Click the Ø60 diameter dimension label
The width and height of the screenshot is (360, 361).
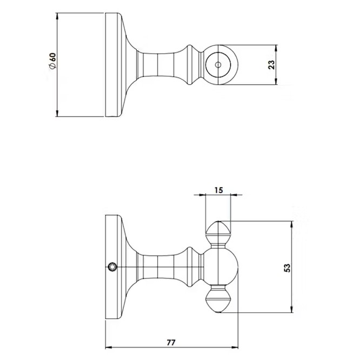pos(52,61)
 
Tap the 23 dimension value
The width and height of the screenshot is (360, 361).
pos(271,65)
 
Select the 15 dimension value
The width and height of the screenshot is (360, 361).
pos(218,190)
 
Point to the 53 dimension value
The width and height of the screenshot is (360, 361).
pos(288,268)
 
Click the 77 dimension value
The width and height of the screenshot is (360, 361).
pos(171,343)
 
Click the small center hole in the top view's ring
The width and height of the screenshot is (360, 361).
pos(218,65)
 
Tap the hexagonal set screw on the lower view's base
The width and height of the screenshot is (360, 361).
pos(112,267)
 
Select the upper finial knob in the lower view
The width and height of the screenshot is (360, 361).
pos(218,234)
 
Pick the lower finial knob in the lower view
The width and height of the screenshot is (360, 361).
pos(218,299)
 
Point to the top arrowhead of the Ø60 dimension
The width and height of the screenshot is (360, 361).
pos(57,17)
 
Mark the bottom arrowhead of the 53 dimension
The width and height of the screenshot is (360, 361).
pos(292,309)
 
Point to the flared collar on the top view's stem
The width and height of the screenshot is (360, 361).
pos(192,65)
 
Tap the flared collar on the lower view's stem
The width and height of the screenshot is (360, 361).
pos(192,267)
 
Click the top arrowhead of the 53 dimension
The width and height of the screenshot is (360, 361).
pos(292,225)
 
